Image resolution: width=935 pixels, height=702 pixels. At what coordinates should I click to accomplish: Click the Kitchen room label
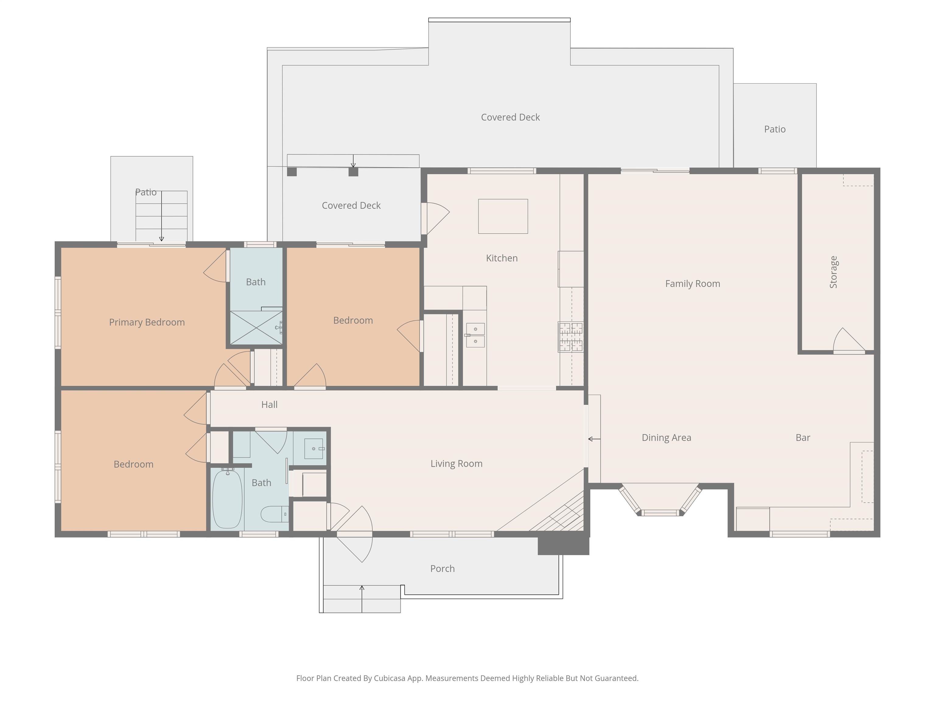tap(502, 258)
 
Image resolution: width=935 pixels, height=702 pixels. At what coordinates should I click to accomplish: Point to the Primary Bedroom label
tap(147, 322)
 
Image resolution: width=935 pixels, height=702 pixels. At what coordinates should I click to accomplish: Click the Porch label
tap(442, 569)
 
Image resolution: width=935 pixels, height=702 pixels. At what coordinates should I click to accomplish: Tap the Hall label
tap(269, 405)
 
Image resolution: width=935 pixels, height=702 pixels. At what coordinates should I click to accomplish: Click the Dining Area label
tap(666, 438)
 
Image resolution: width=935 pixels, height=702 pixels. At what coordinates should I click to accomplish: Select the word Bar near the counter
tap(803, 438)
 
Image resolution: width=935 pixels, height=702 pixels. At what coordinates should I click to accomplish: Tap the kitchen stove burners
tap(571, 337)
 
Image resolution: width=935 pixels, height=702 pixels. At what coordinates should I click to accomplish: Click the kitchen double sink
tap(475, 335)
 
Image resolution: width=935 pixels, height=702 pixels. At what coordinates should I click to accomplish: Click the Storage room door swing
tap(849, 341)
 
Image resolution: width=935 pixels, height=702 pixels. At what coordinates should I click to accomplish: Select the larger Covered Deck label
tap(510, 117)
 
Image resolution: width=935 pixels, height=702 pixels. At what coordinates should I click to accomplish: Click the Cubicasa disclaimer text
tap(467, 678)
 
